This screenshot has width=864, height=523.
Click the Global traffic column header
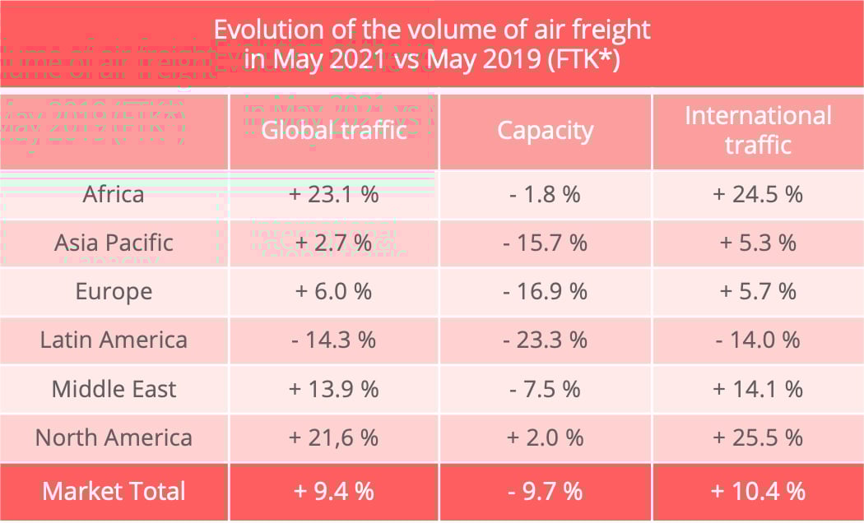334,131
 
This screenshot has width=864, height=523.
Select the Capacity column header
545,131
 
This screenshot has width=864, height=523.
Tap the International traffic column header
758,130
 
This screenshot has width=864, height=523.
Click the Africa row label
114,194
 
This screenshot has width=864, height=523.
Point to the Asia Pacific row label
114,243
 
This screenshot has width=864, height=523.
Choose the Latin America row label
114,340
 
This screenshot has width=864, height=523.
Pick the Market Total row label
114,491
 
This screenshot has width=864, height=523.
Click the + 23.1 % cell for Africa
334,194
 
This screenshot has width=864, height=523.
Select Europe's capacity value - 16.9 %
545,291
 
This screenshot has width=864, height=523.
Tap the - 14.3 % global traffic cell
334,340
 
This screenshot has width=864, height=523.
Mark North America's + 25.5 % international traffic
758,437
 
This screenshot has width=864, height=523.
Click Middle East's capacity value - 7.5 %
545,388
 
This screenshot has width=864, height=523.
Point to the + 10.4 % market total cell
758,491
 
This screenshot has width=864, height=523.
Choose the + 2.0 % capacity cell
545,437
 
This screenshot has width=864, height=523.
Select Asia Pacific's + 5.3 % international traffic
758,243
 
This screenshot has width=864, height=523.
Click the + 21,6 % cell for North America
334,437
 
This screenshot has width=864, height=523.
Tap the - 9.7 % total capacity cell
545,491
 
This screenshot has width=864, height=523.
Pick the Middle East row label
114,388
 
